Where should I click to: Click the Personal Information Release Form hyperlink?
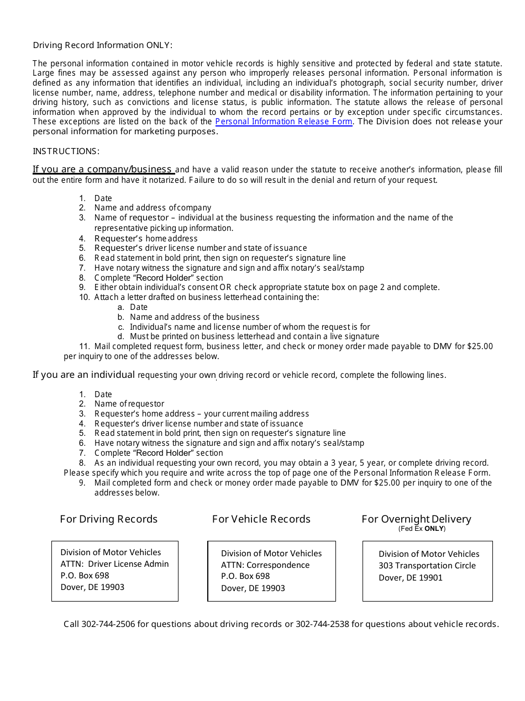(x=283, y=122)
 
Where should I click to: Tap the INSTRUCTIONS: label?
(x=66, y=151)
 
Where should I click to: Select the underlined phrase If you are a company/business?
(x=103, y=170)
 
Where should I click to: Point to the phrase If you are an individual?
(x=83, y=375)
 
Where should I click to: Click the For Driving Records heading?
(x=108, y=519)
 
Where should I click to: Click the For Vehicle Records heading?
(x=261, y=519)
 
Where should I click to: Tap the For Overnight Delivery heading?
(x=416, y=519)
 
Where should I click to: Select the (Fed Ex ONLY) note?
(x=422, y=529)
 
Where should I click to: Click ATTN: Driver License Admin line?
(x=114, y=564)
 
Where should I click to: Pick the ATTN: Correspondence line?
(x=265, y=565)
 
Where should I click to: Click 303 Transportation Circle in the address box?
(x=427, y=566)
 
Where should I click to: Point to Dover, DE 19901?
(x=410, y=578)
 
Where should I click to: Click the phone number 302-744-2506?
(x=108, y=624)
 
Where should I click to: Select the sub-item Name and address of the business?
(x=195, y=317)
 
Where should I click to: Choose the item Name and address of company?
(x=153, y=208)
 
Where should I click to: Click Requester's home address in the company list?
(x=146, y=239)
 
